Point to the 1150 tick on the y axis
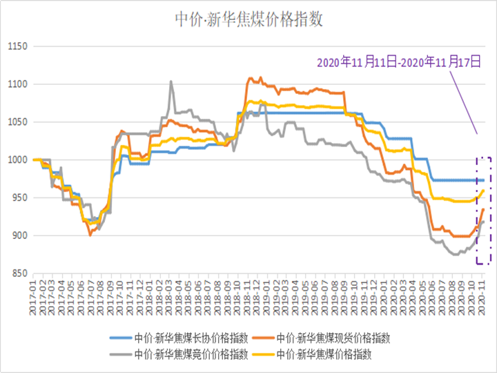coord(15,47)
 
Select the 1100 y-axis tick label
coord(15,85)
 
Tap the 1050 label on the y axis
coord(15,122)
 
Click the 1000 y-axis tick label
coord(15,160)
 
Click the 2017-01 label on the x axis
coord(33,296)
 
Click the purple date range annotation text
coord(398,62)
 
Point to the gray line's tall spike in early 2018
coord(171,81)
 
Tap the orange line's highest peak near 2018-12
coord(260,77)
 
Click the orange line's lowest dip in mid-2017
coord(90,235)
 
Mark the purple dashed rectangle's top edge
coord(483,157)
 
